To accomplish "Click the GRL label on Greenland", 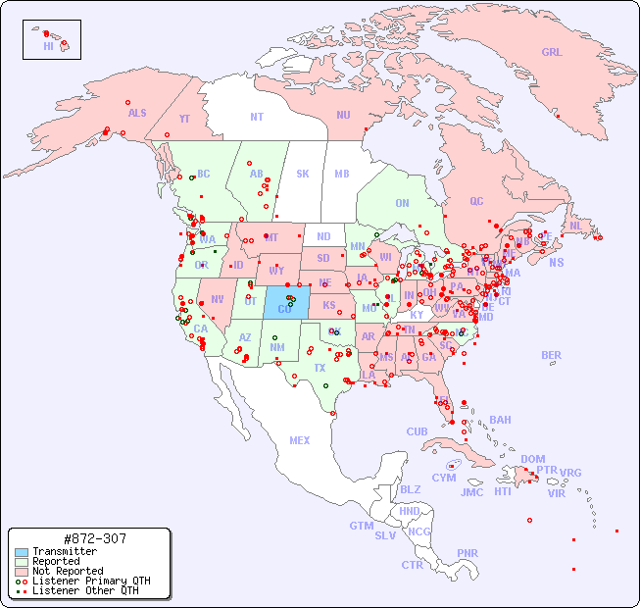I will click(x=552, y=53).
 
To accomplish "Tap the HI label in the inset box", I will click(x=48, y=46).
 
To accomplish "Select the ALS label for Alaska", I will click(x=137, y=114).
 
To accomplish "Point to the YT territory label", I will click(x=184, y=119).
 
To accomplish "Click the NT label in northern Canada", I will click(x=257, y=117).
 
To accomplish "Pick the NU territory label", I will click(x=343, y=115).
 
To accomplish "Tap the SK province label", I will click(x=303, y=175).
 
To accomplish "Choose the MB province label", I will click(x=342, y=175).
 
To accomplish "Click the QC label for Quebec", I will click(x=476, y=201).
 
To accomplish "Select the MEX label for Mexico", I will click(x=300, y=441).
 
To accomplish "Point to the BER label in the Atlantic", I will click(x=551, y=356).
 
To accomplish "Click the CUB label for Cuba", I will click(x=417, y=431).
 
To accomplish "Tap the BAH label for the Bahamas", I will click(x=500, y=420).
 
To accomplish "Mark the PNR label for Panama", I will click(x=468, y=553).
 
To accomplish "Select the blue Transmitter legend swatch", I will click(x=21, y=552).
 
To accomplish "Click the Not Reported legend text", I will click(x=68, y=571).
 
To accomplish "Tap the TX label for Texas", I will click(x=320, y=369).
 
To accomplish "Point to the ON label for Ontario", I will click(x=402, y=204).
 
